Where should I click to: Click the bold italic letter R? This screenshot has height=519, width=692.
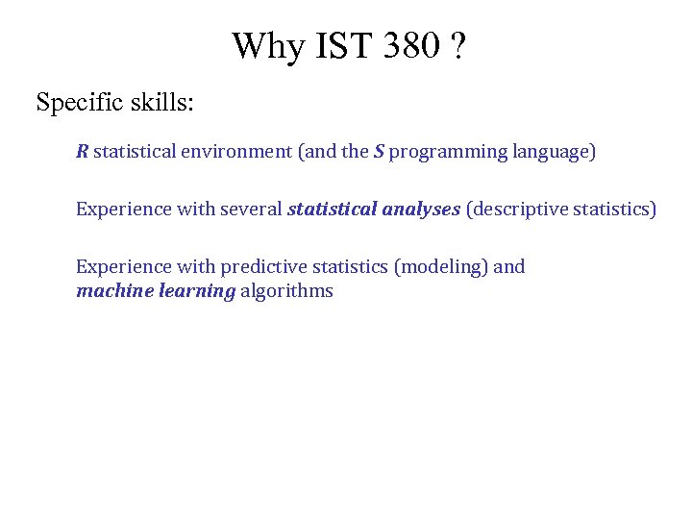(83, 151)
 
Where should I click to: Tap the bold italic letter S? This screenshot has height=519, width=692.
(379, 151)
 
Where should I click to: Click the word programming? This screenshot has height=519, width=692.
(448, 152)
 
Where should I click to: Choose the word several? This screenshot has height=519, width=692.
(251, 209)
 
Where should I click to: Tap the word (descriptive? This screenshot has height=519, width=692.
(516, 209)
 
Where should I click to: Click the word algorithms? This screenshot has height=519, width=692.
(286, 291)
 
